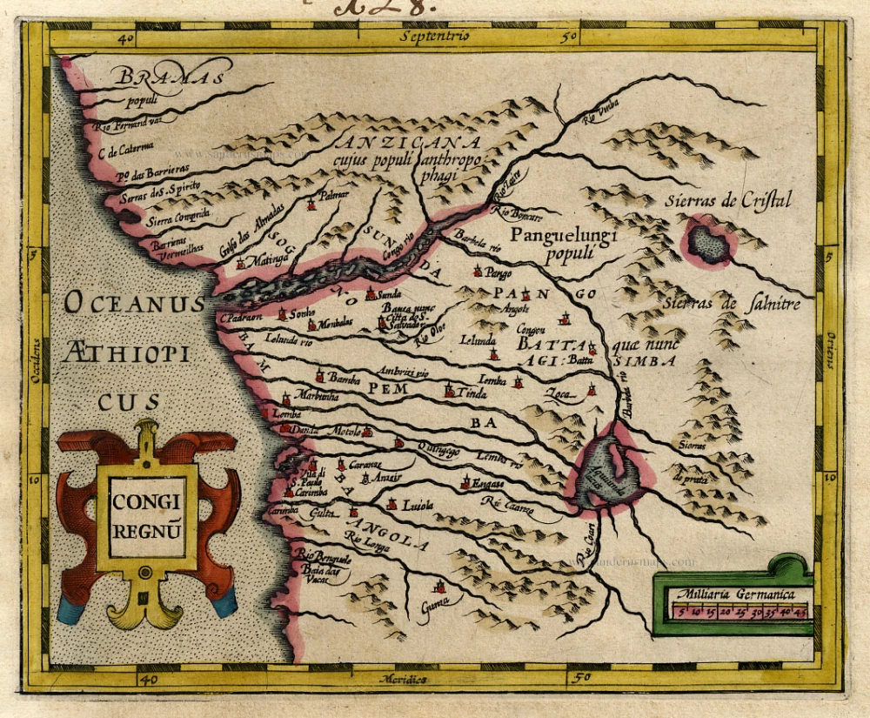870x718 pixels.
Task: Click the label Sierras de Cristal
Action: click(727, 199)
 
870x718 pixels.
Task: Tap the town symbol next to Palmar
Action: click(311, 205)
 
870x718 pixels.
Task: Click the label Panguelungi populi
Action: click(564, 245)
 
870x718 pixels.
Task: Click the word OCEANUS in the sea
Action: click(135, 304)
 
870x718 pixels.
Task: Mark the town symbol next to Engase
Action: click(466, 481)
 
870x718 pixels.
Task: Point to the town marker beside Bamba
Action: click(320, 377)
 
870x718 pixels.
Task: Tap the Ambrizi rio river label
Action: click(405, 372)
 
